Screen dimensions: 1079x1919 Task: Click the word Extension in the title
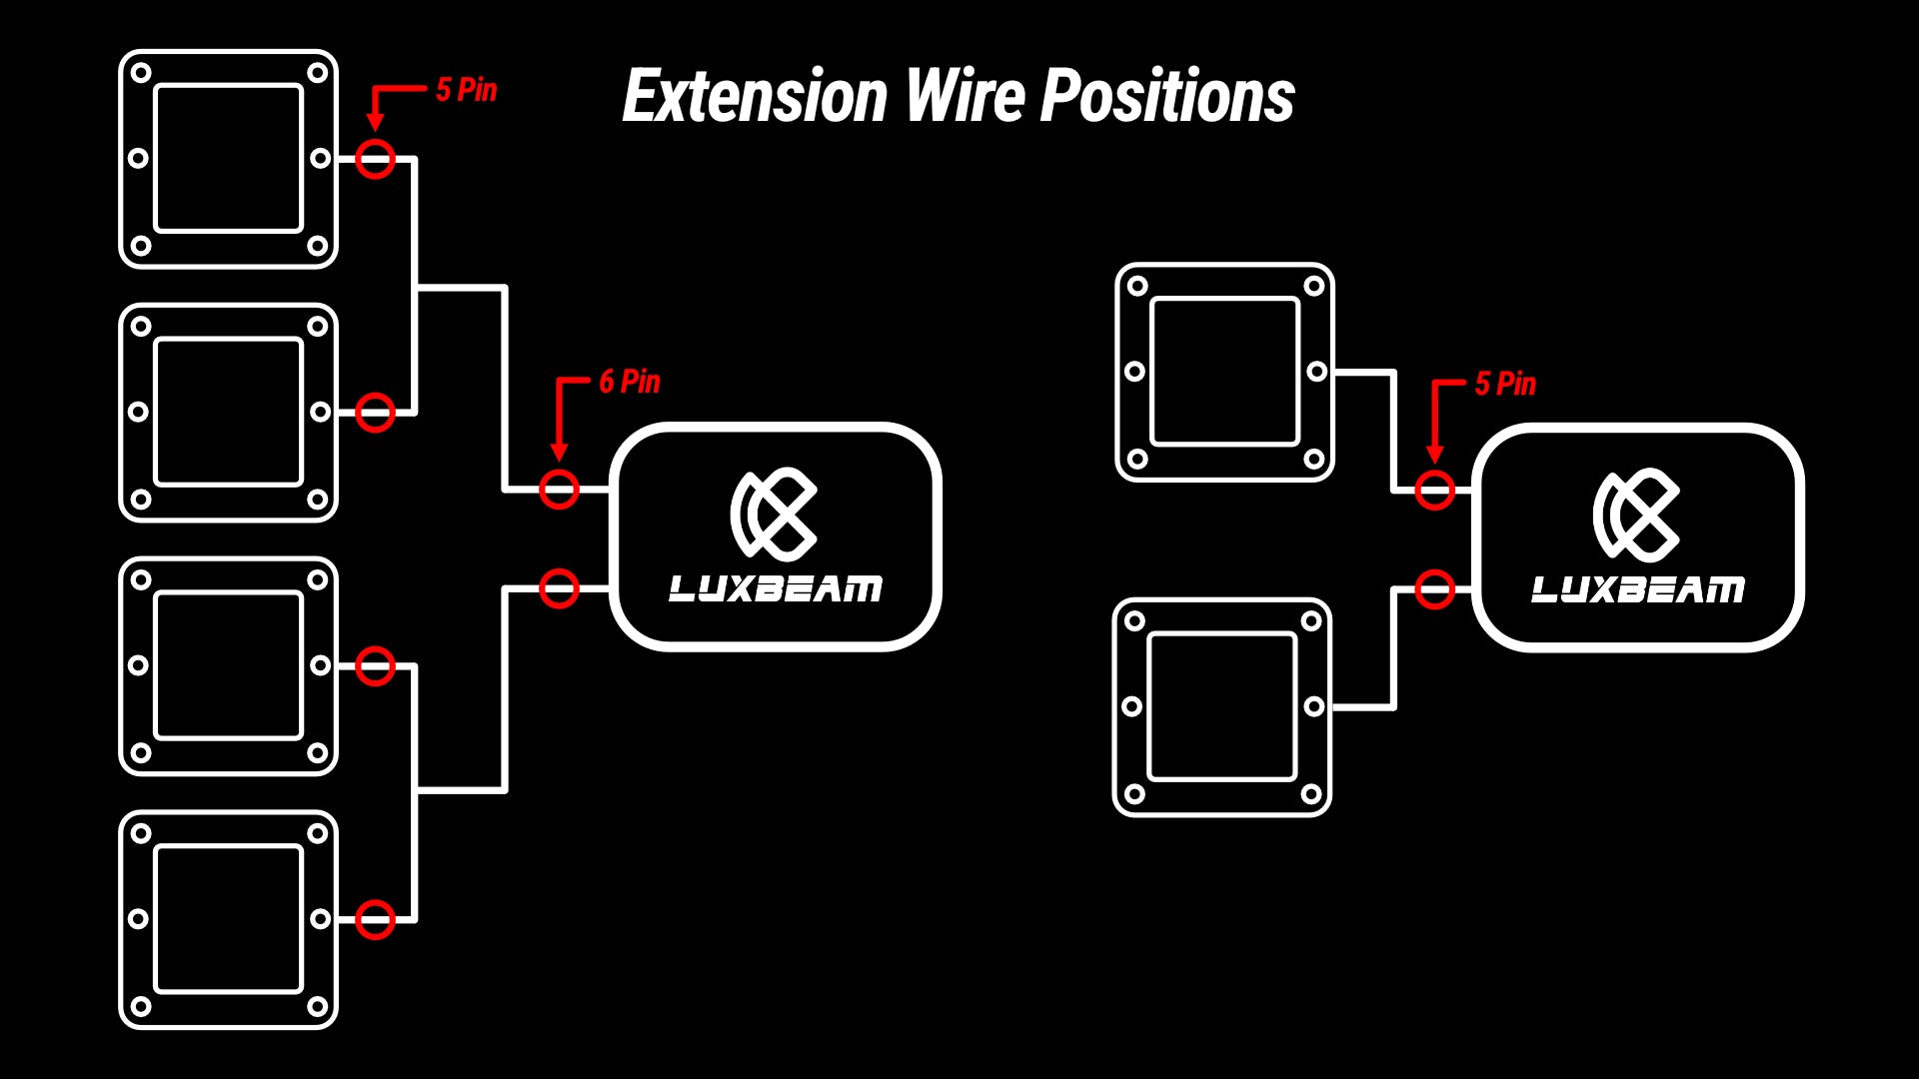755,97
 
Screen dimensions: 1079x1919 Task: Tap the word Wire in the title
964,97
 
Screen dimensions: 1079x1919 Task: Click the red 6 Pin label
630,382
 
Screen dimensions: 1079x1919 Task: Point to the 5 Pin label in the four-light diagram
466,90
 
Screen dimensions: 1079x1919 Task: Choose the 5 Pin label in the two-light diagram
1505,384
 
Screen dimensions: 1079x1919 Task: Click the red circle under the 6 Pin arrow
559,490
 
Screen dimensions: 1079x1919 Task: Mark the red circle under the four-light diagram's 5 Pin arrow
376,159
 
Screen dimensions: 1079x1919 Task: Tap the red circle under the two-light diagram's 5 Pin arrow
1434,491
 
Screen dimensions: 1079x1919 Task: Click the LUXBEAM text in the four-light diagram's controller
776,588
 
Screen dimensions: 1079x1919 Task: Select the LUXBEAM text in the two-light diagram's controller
1638,589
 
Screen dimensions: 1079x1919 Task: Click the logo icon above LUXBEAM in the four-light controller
775,514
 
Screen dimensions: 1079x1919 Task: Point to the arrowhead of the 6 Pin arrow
559,452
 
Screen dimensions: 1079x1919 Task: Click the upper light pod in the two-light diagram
1224,372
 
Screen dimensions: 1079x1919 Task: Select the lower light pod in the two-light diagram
1221,706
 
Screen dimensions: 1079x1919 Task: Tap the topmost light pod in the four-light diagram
228,159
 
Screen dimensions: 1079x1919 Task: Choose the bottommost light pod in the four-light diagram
228,919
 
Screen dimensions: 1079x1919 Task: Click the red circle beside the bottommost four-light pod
376,919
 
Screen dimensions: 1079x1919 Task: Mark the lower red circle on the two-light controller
1434,589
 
